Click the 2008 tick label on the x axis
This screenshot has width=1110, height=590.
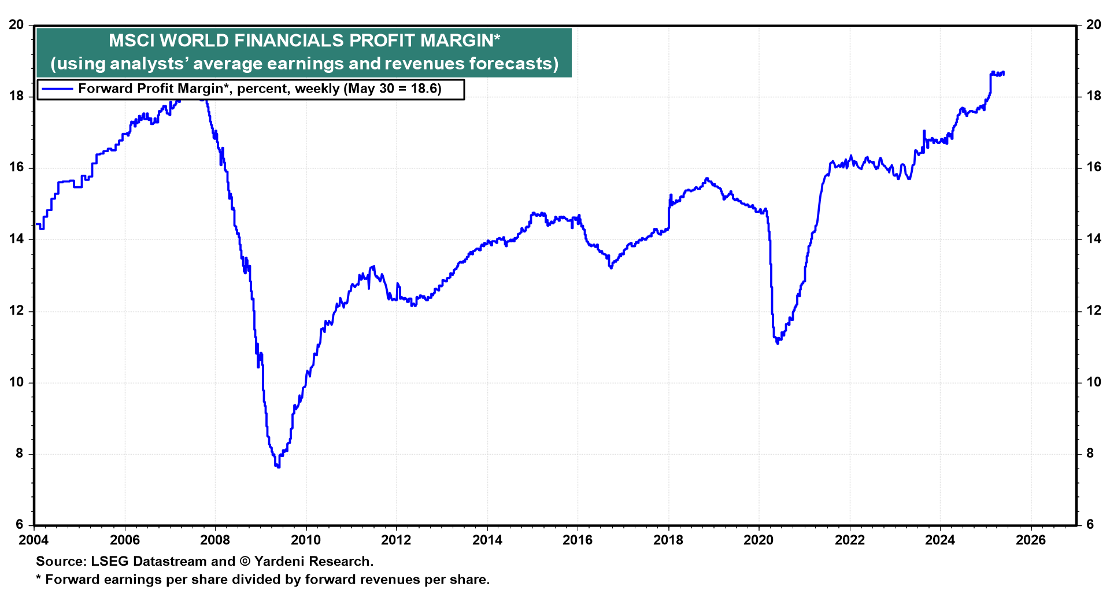pyautogui.click(x=215, y=540)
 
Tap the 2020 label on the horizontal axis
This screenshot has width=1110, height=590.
pyautogui.click(x=758, y=540)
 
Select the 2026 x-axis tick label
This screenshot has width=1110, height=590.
pyautogui.click(x=1031, y=540)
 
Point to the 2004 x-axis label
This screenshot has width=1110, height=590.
pyautogui.click(x=34, y=540)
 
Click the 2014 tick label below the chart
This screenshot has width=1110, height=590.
pyautogui.click(x=487, y=540)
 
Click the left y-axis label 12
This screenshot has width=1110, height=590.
pyautogui.click(x=17, y=311)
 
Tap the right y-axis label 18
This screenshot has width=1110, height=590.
pyautogui.click(x=1094, y=96)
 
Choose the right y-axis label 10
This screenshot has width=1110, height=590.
pyautogui.click(x=1094, y=382)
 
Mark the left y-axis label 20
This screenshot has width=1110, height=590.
pyautogui.click(x=17, y=25)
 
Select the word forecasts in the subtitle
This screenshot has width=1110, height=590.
pyautogui.click(x=514, y=63)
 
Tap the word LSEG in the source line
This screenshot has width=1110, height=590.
pyautogui.click(x=110, y=561)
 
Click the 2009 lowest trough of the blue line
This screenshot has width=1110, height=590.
pyautogui.click(x=277, y=466)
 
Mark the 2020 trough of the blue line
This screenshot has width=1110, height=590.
pyautogui.click(x=778, y=343)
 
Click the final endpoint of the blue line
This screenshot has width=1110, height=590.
pyautogui.click(x=1004, y=73)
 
